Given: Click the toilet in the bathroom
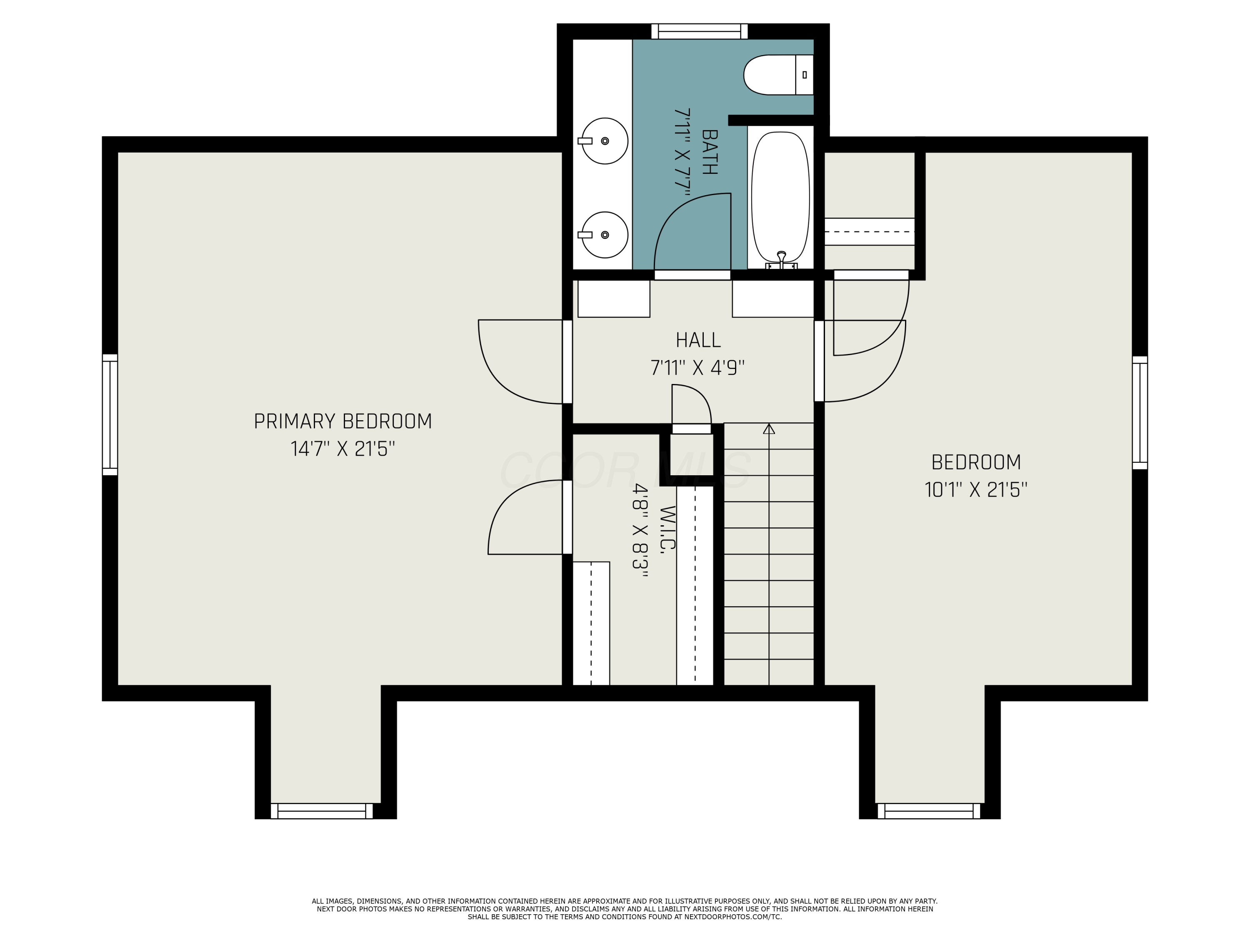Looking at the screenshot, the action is tap(777, 75).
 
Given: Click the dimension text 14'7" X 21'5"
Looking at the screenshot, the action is tap(342, 449).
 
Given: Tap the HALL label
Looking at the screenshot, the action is tap(698, 340).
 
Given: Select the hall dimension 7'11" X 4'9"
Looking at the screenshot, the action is tap(698, 369).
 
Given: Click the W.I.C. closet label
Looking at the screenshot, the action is tap(667, 529).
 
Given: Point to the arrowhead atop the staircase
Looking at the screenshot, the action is tap(769, 429).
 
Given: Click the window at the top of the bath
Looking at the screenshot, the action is tap(700, 32).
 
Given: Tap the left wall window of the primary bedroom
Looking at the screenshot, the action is tap(110, 414).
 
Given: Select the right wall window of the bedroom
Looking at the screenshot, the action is tap(1140, 413).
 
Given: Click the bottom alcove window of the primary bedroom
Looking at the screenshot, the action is tap(322, 811).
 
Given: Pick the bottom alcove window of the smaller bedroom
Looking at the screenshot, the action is tap(929, 811).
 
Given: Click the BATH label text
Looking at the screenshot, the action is tap(709, 152).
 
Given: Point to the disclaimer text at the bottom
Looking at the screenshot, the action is tap(625, 908).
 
